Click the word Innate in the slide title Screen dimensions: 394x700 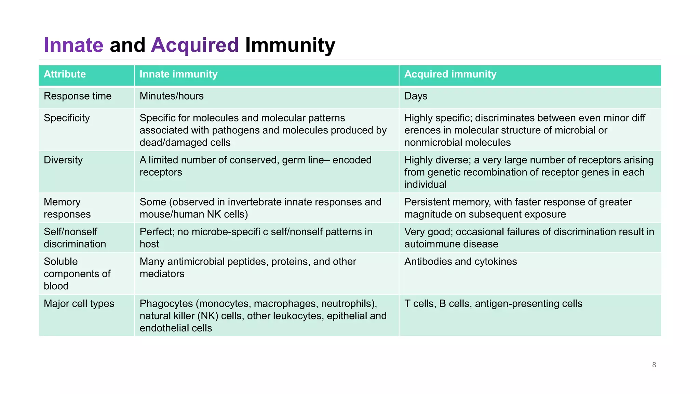pos(73,45)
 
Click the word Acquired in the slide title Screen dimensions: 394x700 pos(194,45)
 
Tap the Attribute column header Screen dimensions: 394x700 pos(65,74)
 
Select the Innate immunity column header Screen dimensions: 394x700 pos(178,74)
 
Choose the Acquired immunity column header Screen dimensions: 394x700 pos(450,74)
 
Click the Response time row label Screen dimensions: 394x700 pos(78,96)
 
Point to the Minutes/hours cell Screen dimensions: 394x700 pos(172,96)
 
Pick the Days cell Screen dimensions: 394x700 pos(416,96)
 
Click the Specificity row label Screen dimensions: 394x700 pos(67,118)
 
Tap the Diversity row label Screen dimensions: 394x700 pos(63,160)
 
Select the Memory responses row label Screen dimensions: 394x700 pos(67,208)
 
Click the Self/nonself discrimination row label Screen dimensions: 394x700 pos(75,238)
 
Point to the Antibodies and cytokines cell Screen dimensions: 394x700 pos(460,262)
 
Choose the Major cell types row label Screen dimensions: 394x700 pos(79,304)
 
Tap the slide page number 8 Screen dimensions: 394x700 pos(654,365)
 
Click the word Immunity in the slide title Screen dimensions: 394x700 pos(290,45)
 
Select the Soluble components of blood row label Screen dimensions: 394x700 pos(77,274)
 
